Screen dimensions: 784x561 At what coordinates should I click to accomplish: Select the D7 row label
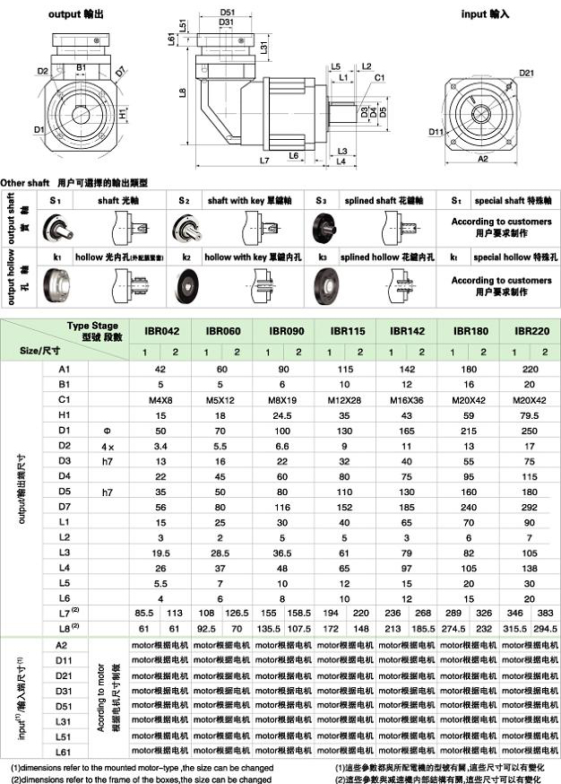pyautogui.click(x=63, y=507)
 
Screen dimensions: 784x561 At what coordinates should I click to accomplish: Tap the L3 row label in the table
pyautogui.click(x=63, y=553)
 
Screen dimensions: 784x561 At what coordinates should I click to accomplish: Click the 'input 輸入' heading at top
pyautogui.click(x=485, y=14)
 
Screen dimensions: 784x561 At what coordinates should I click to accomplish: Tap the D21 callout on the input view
pyautogui.click(x=526, y=74)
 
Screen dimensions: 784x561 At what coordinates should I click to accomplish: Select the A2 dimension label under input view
pyautogui.click(x=483, y=158)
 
